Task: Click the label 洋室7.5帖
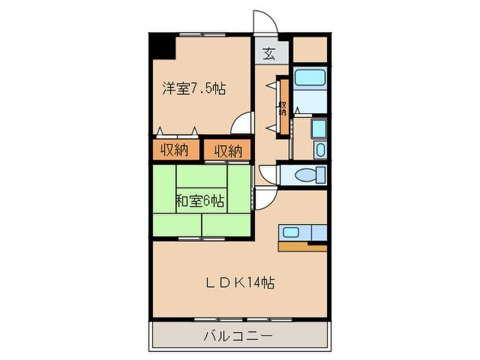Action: [194, 88]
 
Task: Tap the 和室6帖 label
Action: [200, 202]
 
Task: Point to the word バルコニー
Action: [238, 337]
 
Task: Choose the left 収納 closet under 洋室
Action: [175, 149]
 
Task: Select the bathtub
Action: [310, 76]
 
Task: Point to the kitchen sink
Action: [291, 232]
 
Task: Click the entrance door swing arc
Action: [264, 22]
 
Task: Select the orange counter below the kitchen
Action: [302, 246]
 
